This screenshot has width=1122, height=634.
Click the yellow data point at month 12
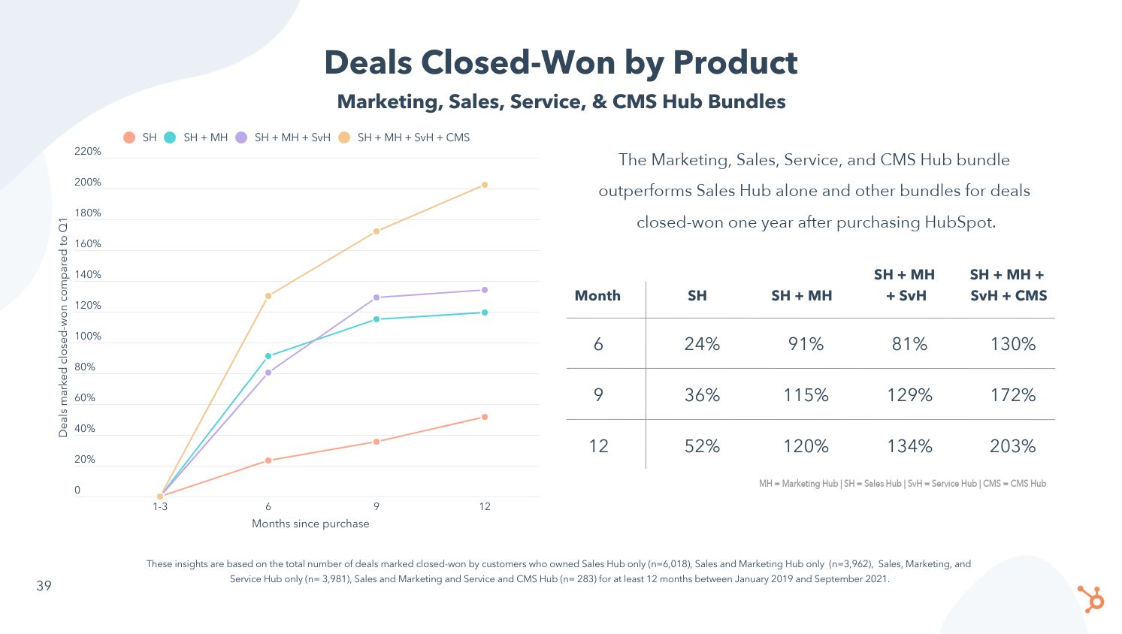(x=485, y=185)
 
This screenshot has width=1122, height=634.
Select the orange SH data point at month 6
(x=268, y=460)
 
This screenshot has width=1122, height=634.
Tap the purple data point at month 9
(x=377, y=297)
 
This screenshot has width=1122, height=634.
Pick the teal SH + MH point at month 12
(x=485, y=312)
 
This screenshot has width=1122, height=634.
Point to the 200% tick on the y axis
(x=88, y=183)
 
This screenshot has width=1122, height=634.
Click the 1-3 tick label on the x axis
(x=160, y=506)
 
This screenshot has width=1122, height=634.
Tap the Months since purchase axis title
(x=310, y=524)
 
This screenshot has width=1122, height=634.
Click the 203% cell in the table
(x=1012, y=446)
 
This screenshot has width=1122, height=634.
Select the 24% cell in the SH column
(x=702, y=344)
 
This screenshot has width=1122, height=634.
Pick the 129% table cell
(x=909, y=395)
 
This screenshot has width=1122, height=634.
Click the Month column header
(x=597, y=296)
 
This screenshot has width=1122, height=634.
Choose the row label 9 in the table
(x=598, y=395)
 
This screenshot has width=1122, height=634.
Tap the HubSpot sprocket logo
(x=1091, y=599)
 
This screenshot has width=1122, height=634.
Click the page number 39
(x=44, y=586)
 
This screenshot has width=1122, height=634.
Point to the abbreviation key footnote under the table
(x=902, y=484)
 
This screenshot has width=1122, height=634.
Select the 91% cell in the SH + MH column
(x=806, y=344)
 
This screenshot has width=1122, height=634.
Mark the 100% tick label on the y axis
(x=88, y=337)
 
